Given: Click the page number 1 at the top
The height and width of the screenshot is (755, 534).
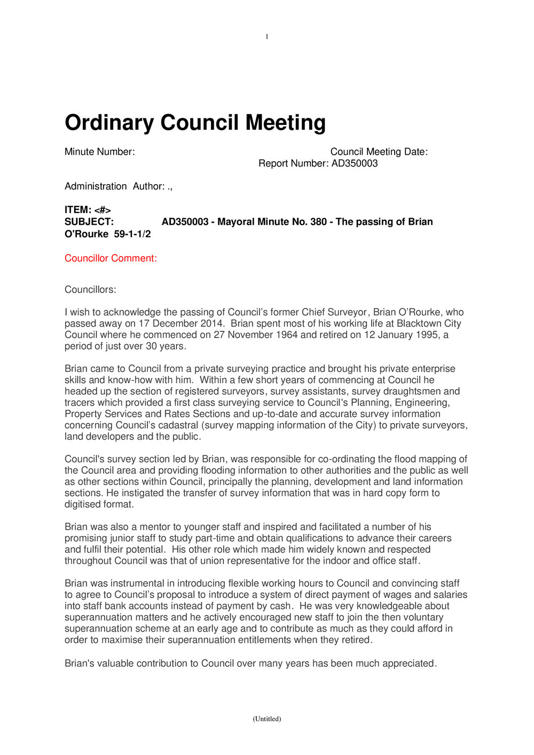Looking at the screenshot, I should [267, 37].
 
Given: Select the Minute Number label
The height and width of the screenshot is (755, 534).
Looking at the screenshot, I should [99, 152].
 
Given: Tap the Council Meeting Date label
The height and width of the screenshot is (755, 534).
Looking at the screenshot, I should [379, 152].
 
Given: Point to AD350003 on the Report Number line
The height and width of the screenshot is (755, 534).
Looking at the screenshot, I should [355, 164].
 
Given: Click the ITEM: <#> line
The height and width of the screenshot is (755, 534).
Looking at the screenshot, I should [88, 210].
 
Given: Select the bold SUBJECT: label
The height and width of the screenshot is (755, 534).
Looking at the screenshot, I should [89, 222].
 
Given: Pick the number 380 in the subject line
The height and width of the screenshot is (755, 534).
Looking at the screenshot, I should [318, 222].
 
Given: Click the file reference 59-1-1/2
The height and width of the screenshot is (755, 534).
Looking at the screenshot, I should [132, 234].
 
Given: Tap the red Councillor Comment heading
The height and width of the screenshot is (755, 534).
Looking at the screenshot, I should [111, 258].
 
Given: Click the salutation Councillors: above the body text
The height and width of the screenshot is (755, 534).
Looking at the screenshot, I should [90, 290].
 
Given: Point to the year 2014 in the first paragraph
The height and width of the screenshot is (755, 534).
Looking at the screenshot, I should [214, 324].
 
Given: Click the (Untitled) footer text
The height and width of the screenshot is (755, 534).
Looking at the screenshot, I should [267, 719].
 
